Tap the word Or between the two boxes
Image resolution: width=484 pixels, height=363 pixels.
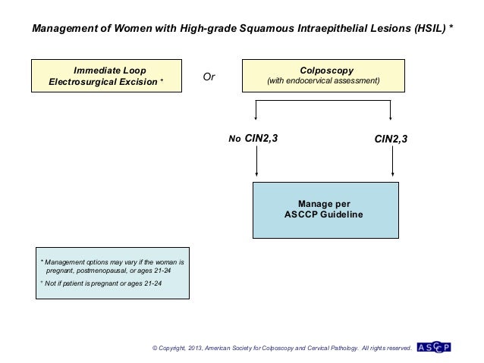209,77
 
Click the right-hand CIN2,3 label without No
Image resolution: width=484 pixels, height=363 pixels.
391,139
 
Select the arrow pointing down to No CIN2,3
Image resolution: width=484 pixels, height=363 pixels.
257,114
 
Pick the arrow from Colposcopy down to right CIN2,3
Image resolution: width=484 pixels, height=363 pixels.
391,114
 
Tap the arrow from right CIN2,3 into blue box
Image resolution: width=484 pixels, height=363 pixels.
392,162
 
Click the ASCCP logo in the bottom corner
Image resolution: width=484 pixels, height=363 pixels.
435,348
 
